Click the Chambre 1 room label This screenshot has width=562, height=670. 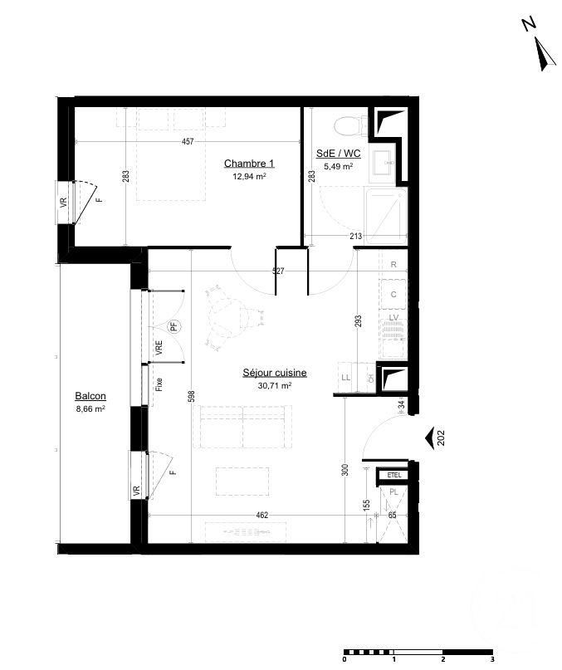pos(249,164)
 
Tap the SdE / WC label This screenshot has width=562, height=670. pos(339,154)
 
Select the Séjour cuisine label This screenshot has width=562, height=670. pos(275,373)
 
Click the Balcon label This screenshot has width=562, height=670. pos(90,396)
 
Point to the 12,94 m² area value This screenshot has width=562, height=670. pos(249,177)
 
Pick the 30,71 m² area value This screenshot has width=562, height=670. pos(275,385)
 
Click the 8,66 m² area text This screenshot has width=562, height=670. pos(90,408)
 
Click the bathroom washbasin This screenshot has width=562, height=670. pos(384,162)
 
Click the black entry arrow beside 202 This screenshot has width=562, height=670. pos(429,437)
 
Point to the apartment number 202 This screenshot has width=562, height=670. pos(442,437)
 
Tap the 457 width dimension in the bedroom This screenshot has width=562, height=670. pos(188,142)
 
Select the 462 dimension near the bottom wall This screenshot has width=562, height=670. pos(261,516)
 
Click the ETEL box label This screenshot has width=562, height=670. pos(393,475)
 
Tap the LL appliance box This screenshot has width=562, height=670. pos(345,377)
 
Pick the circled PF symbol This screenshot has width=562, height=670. pos(174,326)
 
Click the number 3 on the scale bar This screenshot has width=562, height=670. pos(492,659)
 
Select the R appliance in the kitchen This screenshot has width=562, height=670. pos(393,265)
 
